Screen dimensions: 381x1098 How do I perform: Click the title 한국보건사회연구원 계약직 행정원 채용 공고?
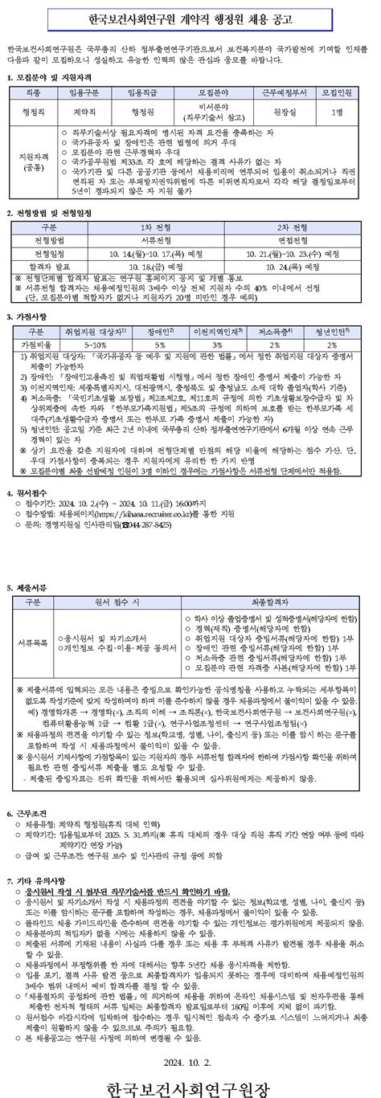(190, 20)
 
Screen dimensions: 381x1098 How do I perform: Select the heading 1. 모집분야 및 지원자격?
(50, 78)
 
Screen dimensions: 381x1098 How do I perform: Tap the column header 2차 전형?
(284, 227)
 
